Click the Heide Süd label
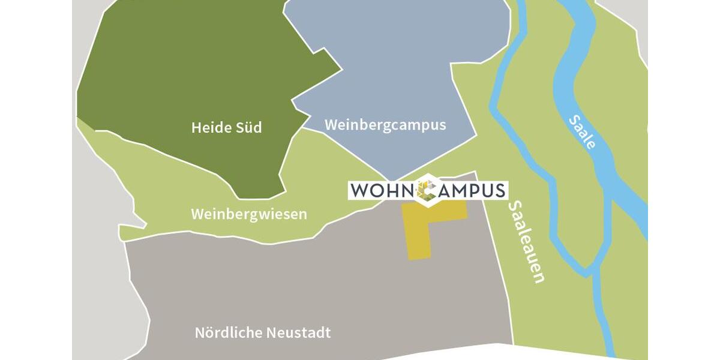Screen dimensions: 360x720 (226, 128)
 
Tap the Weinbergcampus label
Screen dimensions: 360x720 (385, 125)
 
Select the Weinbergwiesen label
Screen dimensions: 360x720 (249, 214)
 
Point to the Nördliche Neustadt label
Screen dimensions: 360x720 (263, 333)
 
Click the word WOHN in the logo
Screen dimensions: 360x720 (382, 190)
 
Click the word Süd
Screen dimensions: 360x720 (249, 128)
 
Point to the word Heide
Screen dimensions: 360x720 (210, 128)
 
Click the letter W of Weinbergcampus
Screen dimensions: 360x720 (331, 125)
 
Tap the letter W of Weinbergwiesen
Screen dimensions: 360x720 (197, 214)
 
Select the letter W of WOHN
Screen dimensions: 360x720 (359, 190)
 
